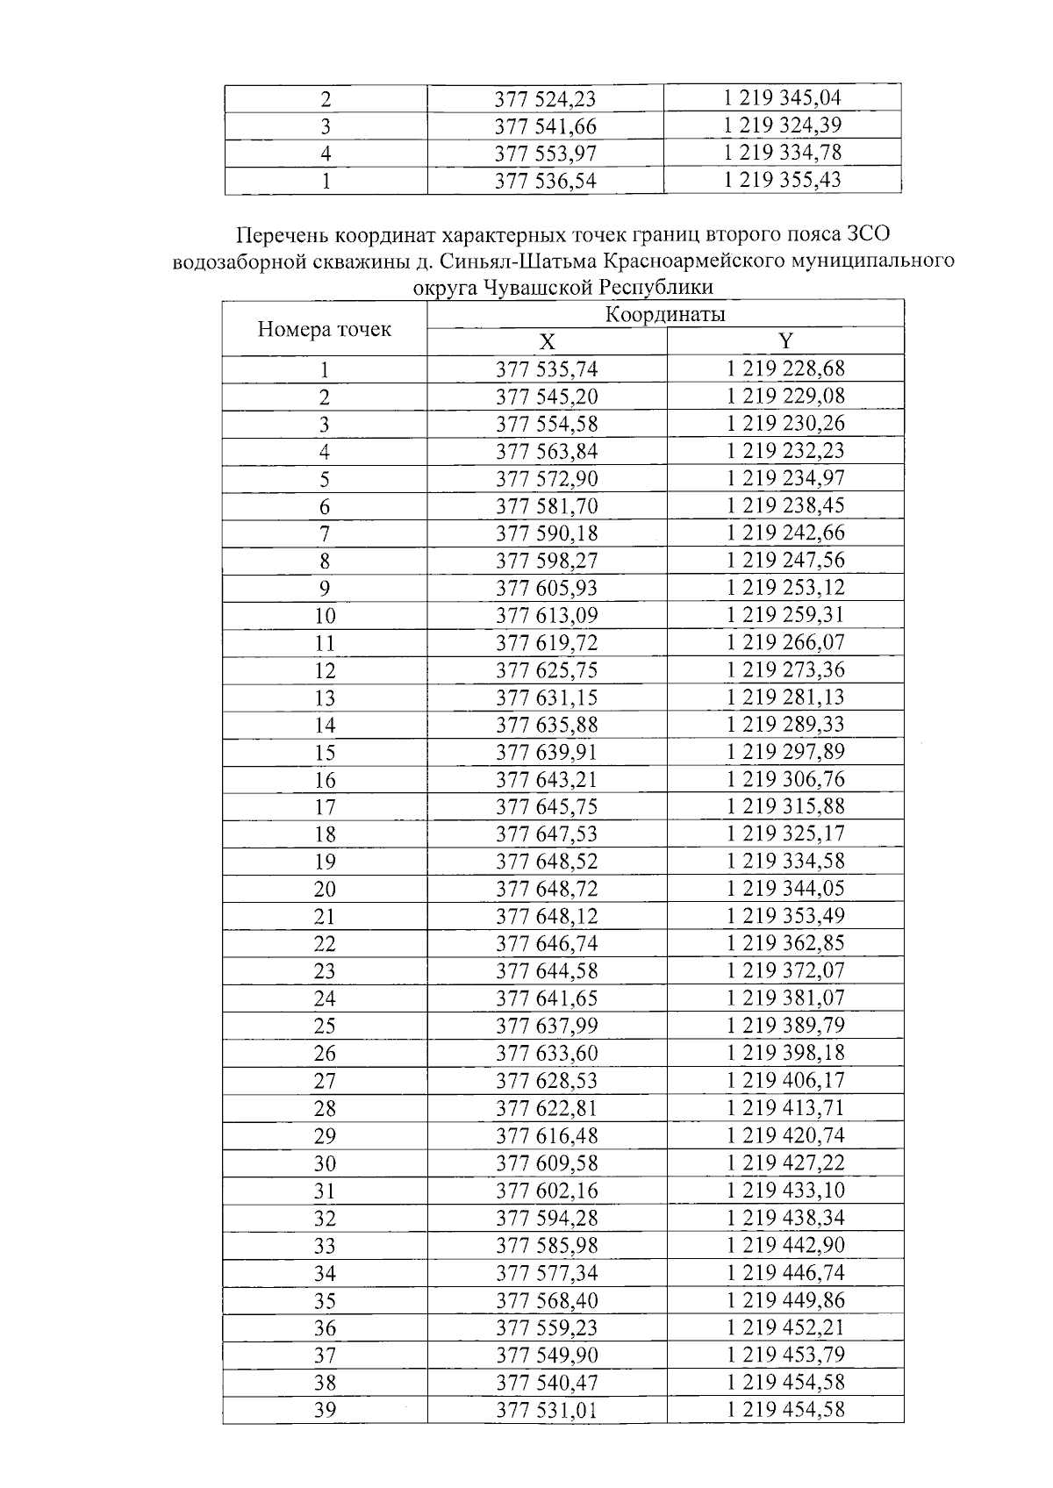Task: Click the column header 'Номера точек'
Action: point(324,330)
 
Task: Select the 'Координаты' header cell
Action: point(665,315)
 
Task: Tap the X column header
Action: point(546,342)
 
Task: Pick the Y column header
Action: point(785,342)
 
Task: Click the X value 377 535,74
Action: point(546,369)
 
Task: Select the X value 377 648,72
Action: point(546,890)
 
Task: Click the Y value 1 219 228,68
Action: point(785,369)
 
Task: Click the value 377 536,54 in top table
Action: point(546,181)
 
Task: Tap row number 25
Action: point(325,1027)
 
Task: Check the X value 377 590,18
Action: point(546,533)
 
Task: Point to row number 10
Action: point(325,616)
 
